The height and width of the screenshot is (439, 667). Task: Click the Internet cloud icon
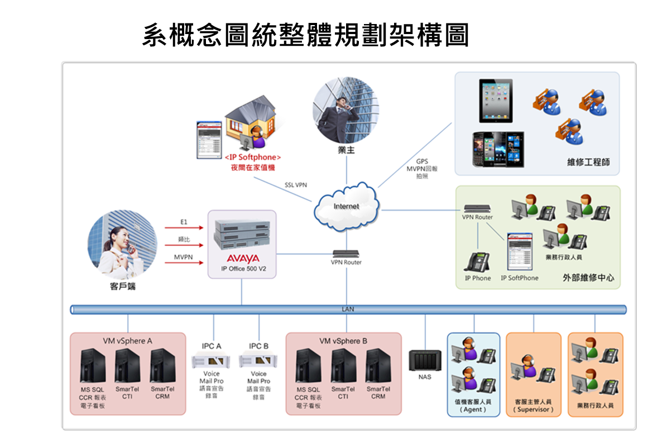click(x=346, y=207)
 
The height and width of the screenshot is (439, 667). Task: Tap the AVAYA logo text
click(x=243, y=259)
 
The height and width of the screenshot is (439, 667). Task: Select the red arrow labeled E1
click(x=185, y=228)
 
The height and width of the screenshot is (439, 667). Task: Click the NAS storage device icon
click(x=425, y=360)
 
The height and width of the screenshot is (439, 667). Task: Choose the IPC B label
click(x=258, y=346)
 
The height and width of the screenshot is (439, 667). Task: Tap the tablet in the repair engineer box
click(x=496, y=101)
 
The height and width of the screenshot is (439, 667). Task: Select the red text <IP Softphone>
click(x=253, y=158)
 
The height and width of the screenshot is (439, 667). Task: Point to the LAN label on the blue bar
click(x=347, y=309)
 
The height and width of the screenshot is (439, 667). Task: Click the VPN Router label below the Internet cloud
click(x=346, y=263)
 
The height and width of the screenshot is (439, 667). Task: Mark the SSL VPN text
click(x=296, y=185)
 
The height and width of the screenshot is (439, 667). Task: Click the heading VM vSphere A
click(x=127, y=341)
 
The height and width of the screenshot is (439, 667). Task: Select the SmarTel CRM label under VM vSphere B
click(x=378, y=393)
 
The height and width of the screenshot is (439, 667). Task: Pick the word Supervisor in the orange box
click(x=533, y=409)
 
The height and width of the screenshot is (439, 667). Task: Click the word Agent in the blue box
click(x=473, y=409)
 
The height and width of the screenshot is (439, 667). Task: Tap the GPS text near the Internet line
click(x=422, y=161)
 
